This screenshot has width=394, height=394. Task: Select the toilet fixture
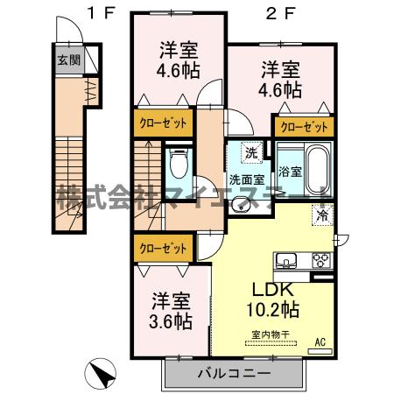click(x=179, y=163)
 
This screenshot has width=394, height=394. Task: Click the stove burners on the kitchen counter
click(x=320, y=260)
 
